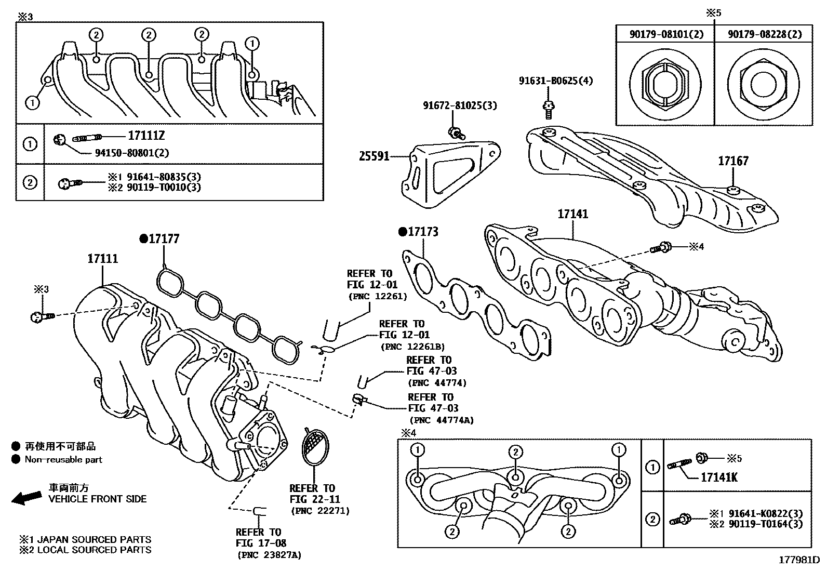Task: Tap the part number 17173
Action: tap(422, 232)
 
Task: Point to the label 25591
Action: tap(374, 155)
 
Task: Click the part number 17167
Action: tap(733, 161)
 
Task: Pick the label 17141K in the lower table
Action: tap(719, 477)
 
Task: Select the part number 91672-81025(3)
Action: tap(459, 105)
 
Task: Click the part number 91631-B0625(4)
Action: tap(555, 81)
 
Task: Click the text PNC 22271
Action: tap(320, 511)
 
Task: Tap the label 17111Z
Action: tap(146, 136)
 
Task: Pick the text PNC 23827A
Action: tap(269, 555)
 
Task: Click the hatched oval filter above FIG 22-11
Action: tap(315, 447)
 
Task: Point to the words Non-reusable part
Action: tap(63, 459)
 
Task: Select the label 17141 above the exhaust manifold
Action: tap(573, 214)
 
